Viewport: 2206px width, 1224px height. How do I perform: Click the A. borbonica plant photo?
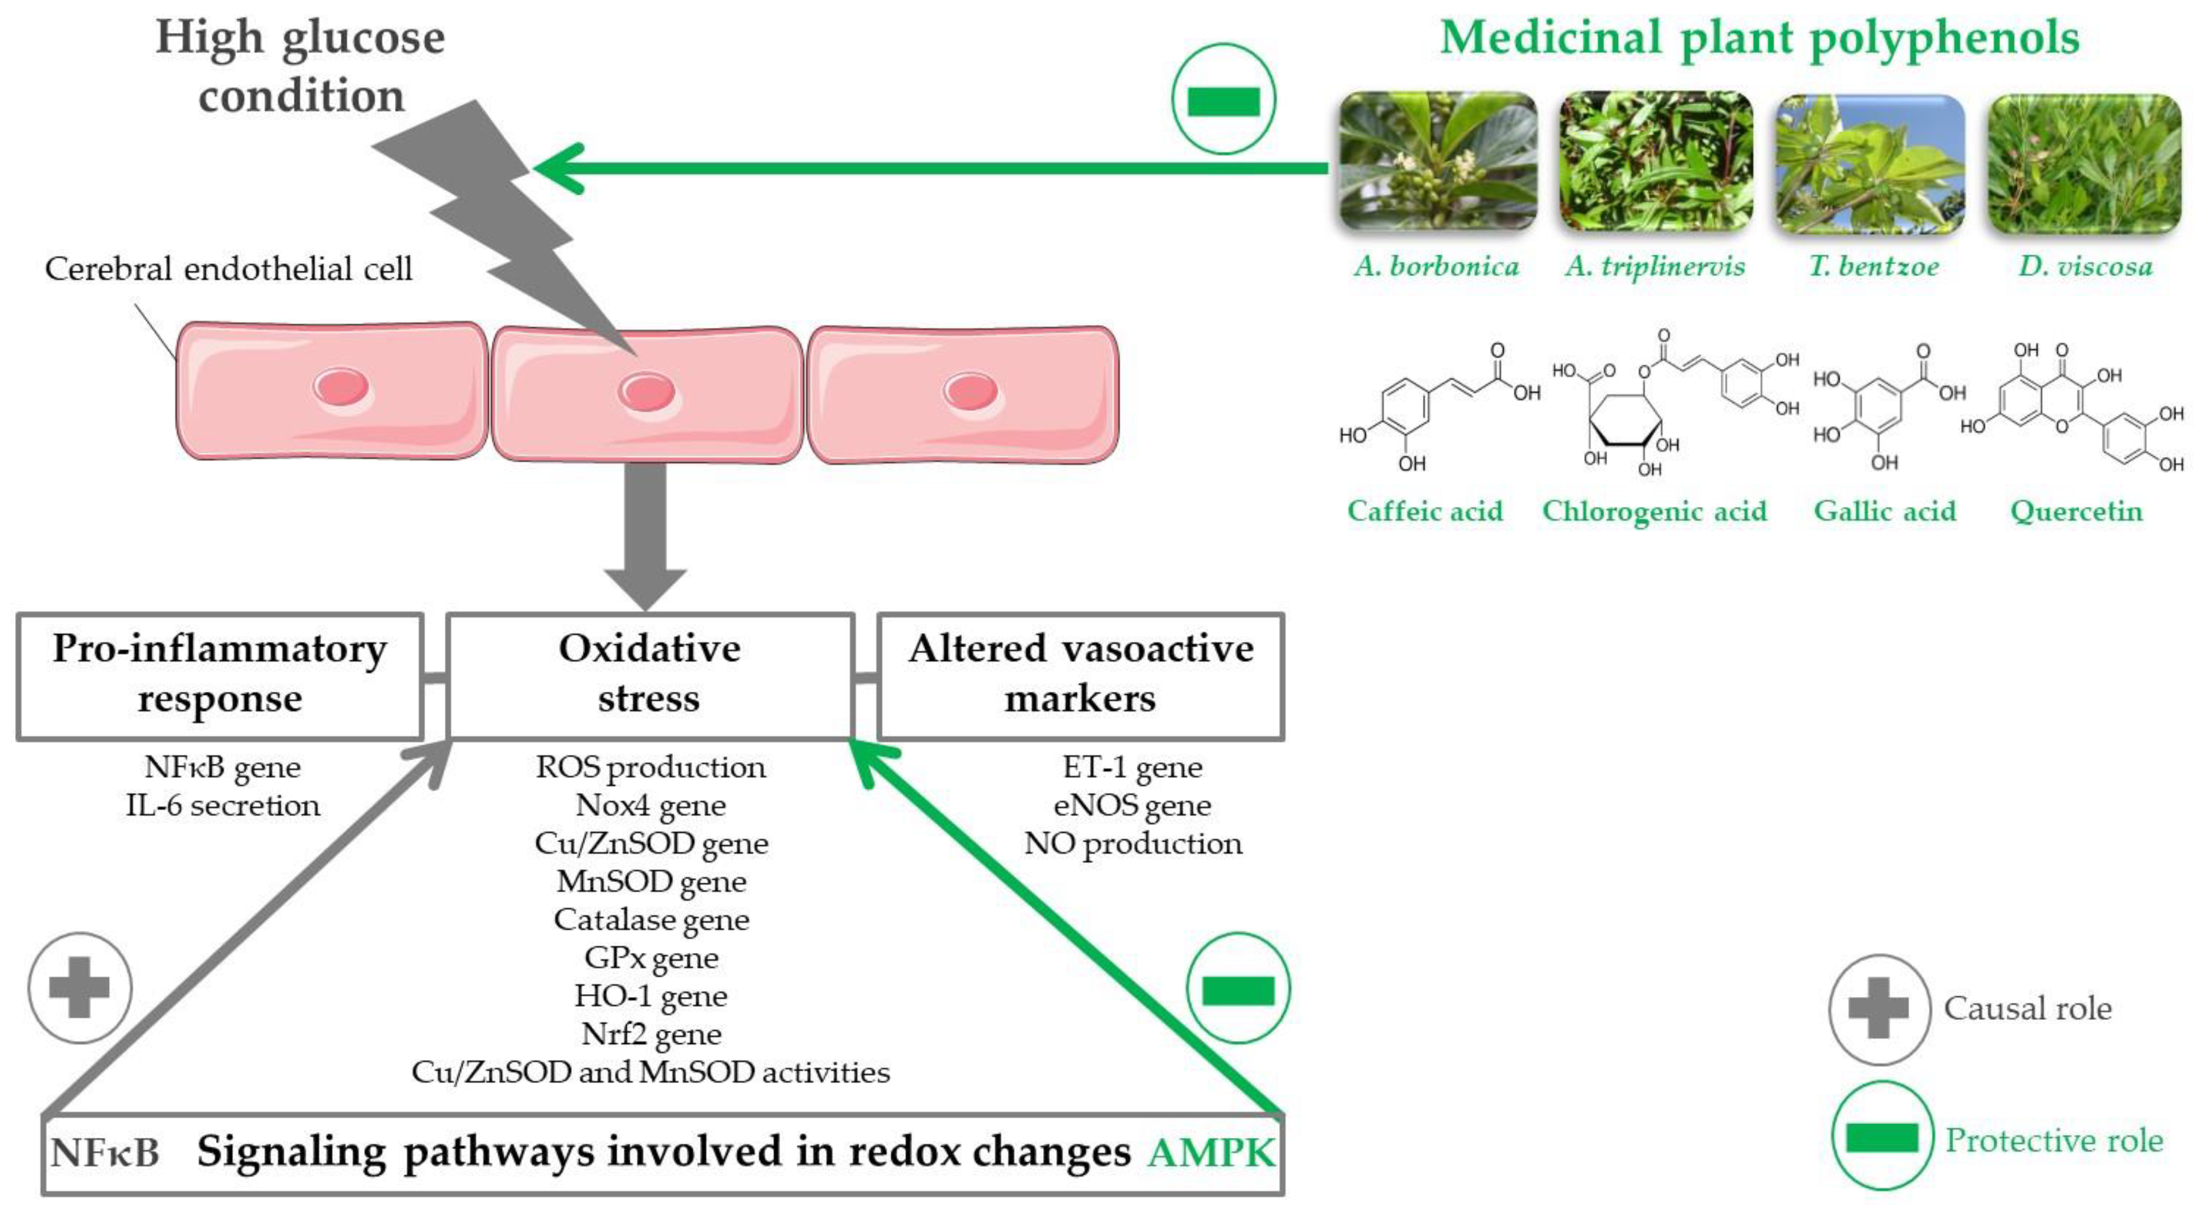(x=1438, y=161)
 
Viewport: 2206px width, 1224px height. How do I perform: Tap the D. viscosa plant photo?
(x=2084, y=163)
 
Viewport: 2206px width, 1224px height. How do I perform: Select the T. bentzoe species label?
(x=1874, y=266)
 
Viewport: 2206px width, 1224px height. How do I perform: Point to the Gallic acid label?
(x=1885, y=511)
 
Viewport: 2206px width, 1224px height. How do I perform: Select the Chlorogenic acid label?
(x=1653, y=511)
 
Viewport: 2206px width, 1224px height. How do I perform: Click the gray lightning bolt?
(x=505, y=223)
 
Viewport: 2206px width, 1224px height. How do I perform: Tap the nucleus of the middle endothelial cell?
(x=646, y=393)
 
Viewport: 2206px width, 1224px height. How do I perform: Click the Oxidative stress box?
(x=649, y=675)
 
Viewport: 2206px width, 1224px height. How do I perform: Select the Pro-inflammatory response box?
(x=220, y=675)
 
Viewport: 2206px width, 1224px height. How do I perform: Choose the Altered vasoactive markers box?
(x=1081, y=675)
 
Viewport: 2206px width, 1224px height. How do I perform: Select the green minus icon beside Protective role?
(x=1882, y=1137)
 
